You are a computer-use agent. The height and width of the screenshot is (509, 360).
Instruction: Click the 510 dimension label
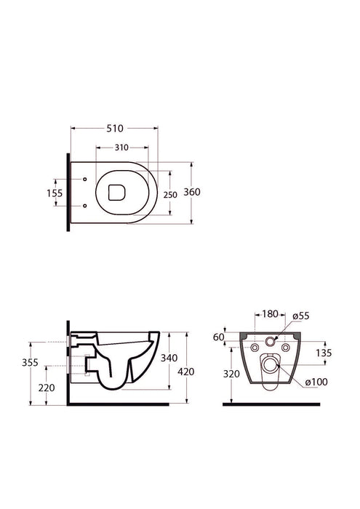(x=115, y=129)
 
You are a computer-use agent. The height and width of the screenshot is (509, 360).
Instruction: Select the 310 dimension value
(x=121, y=148)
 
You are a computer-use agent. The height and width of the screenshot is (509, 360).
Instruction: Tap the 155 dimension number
(x=55, y=193)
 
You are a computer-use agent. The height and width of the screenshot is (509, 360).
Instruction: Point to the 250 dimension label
(x=170, y=195)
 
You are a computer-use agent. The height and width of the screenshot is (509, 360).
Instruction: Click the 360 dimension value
(x=192, y=192)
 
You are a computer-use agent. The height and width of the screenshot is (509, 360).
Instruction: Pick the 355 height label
(x=31, y=362)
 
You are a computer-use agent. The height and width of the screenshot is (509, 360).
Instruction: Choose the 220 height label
(x=47, y=388)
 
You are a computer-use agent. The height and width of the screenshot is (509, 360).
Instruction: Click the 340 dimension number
(x=169, y=358)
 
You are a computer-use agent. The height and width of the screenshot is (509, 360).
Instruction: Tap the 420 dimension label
(x=186, y=372)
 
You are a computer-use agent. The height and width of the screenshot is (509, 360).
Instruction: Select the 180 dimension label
(x=270, y=314)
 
